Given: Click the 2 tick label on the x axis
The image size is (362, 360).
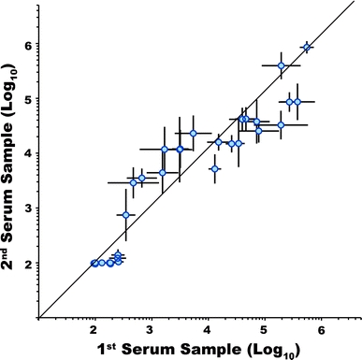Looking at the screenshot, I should tap(94, 331).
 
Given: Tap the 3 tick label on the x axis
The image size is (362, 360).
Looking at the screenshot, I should tap(151, 331).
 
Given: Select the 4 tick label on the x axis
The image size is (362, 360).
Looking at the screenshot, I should tap(208, 331).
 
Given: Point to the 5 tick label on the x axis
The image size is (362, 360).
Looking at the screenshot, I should tap(264, 331).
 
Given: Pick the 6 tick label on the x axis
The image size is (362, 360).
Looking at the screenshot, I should tap(321, 331).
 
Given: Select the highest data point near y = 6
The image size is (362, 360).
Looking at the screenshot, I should tap(307, 46).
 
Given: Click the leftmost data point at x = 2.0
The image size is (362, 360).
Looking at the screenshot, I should tap(94, 263).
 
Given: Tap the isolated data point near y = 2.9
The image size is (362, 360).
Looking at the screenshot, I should tap(126, 215).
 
